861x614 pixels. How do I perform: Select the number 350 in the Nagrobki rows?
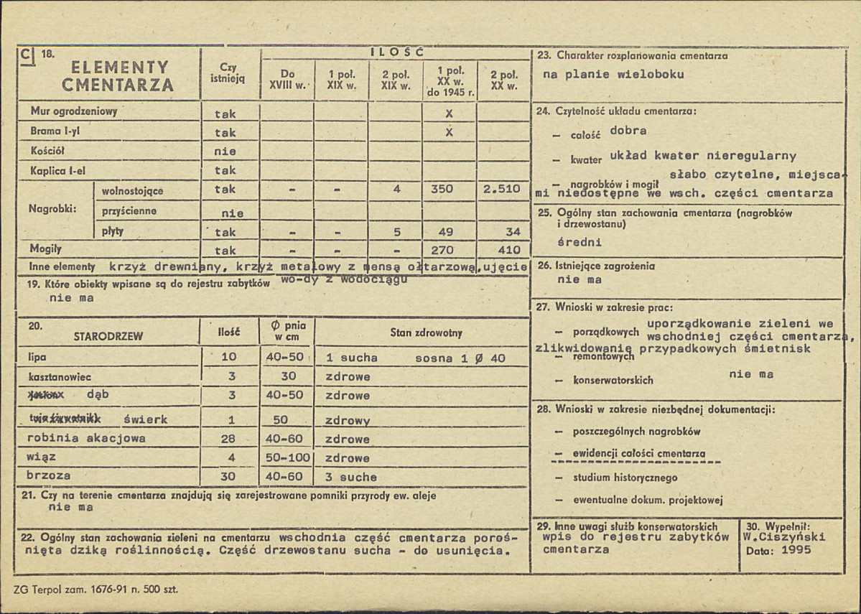click(442, 190)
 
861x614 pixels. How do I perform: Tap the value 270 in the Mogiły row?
click(442, 251)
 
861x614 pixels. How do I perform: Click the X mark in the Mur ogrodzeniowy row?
click(449, 113)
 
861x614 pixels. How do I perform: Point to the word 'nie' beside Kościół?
click(225, 152)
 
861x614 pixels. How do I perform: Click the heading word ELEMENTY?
click(121, 68)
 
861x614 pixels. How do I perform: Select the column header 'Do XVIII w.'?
click(287, 79)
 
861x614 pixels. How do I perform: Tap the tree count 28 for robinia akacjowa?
click(229, 439)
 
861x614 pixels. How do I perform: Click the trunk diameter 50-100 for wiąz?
click(287, 457)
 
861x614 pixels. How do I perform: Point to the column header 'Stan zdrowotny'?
click(427, 333)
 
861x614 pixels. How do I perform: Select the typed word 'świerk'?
click(146, 419)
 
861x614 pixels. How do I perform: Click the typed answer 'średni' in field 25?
click(580, 242)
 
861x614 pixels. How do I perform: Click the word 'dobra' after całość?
click(628, 131)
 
